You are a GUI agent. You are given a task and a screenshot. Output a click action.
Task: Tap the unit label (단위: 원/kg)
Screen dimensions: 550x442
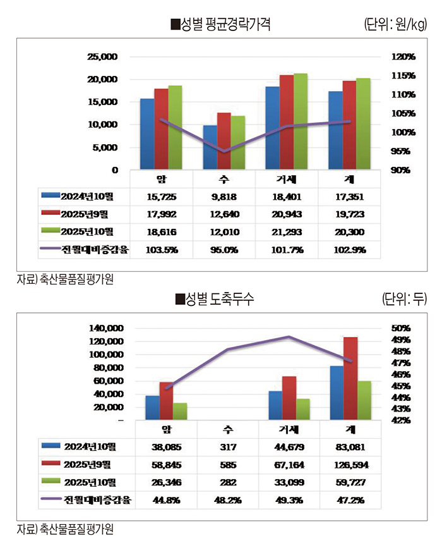point(395,25)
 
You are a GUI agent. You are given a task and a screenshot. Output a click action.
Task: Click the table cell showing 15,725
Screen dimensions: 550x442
point(161,197)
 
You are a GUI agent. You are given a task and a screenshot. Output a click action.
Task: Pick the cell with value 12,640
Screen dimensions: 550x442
point(224,215)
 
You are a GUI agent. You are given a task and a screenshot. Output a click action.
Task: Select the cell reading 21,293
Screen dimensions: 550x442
point(287,233)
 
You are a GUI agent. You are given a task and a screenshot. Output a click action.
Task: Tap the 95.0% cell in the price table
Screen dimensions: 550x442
point(224,250)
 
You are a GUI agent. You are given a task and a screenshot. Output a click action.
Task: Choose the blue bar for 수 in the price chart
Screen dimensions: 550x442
point(210,147)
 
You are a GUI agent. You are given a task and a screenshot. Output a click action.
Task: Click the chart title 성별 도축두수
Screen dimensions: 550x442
point(215,300)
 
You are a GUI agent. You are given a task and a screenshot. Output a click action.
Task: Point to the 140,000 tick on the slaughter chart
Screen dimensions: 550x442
point(105,328)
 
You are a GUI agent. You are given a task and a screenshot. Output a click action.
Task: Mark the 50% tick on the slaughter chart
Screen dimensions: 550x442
point(401,328)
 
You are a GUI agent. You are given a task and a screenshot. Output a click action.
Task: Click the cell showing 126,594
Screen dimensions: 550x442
point(352,465)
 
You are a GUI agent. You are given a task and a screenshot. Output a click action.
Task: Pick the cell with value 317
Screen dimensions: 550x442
point(227,448)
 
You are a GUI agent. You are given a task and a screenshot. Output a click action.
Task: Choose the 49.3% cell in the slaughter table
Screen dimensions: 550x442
point(289,500)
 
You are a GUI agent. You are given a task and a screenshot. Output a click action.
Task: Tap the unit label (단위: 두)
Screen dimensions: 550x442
point(405,300)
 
